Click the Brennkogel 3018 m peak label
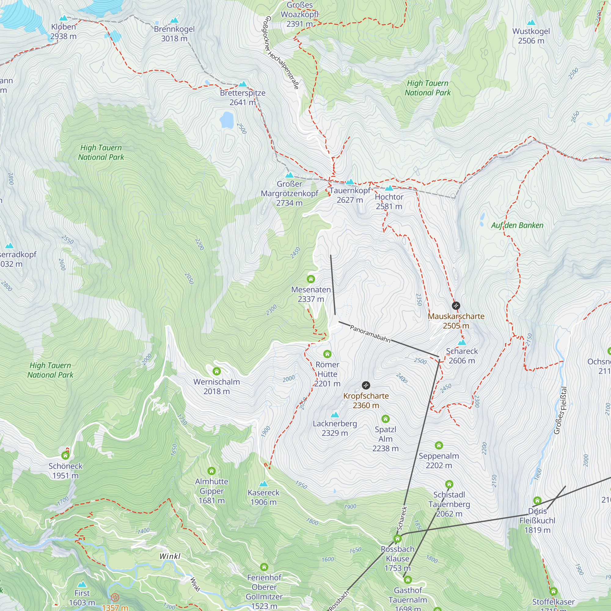point(174,34)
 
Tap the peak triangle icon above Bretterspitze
point(243,84)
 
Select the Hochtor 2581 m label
point(389,201)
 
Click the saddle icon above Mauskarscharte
point(456,305)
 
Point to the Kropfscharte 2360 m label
point(366,401)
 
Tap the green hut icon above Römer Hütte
point(327,353)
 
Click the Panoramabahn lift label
point(370,334)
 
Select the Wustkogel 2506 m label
point(531,36)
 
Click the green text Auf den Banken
point(517,225)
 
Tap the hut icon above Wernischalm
point(217,371)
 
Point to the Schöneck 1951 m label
point(65,470)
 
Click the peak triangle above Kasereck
point(263,484)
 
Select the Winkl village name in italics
point(170,556)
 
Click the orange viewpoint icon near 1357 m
point(115,597)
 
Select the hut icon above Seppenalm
point(439,445)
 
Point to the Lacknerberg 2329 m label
point(335,428)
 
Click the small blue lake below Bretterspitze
point(227,119)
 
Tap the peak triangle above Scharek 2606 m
point(462,342)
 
